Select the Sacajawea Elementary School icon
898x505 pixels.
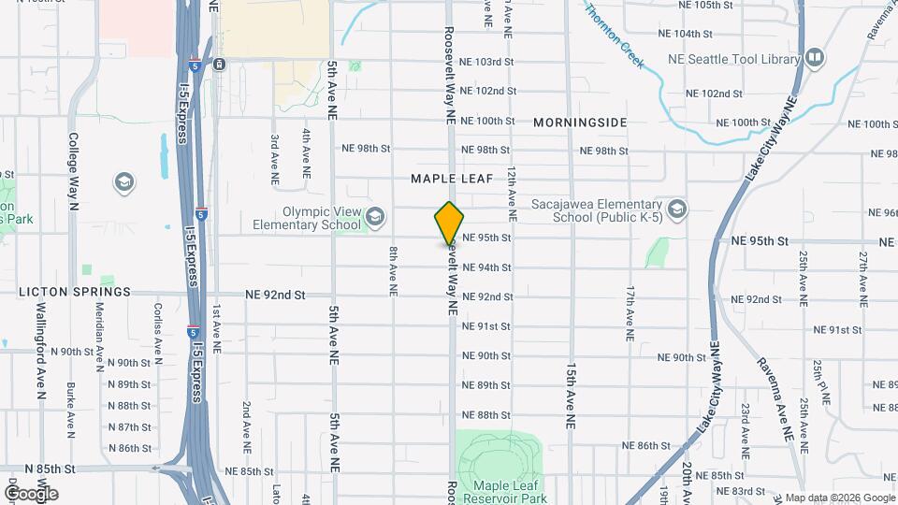pos(676,208)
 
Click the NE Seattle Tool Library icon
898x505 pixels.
pos(813,59)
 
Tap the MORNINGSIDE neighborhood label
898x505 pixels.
pos(580,123)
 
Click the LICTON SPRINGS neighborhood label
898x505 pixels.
pos(75,292)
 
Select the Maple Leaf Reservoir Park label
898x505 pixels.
pos(510,491)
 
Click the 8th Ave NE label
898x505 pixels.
pos(394,271)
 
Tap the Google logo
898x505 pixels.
pos(31,494)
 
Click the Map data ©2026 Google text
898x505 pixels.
pos(840,498)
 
